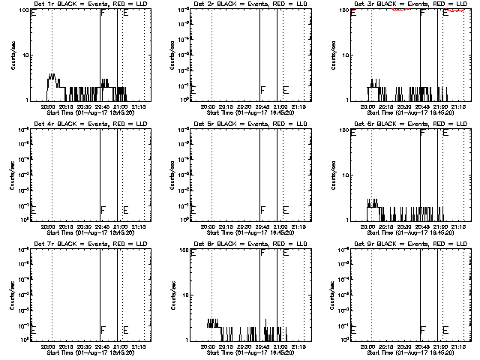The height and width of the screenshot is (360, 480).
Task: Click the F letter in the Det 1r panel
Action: tap(103, 13)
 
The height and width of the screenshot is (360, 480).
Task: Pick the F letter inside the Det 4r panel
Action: tap(103, 210)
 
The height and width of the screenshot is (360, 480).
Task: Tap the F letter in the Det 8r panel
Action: tap(262, 253)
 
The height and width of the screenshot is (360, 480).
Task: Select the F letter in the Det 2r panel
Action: tap(262, 90)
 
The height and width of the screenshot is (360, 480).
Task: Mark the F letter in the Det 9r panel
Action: tap(423, 330)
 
